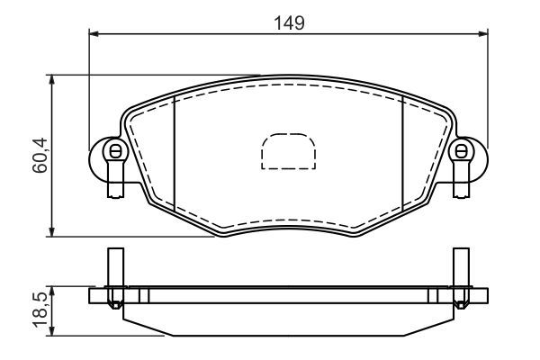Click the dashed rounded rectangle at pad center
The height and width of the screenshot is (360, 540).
click(288, 152)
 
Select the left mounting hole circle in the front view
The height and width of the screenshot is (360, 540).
click(113, 151)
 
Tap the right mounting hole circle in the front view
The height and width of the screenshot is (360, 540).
click(462, 151)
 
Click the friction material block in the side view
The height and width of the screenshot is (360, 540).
click(288, 319)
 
